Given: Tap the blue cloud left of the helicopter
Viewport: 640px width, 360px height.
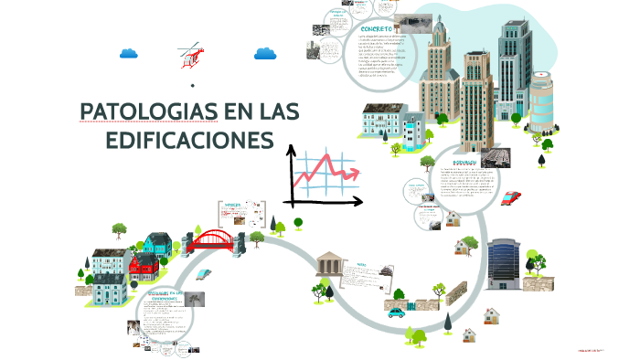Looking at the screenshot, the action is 128,52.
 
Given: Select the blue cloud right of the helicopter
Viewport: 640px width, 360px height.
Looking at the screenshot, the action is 265,52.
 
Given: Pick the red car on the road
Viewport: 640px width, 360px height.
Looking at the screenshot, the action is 511,197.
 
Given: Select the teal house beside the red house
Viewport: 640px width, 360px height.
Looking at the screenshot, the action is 157,243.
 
